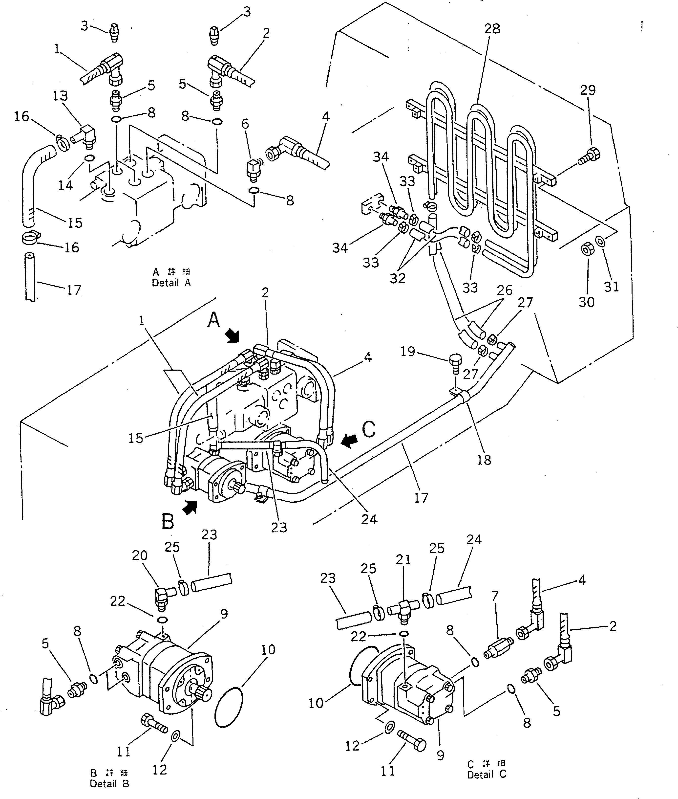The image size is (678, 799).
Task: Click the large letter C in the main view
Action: (369, 429)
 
